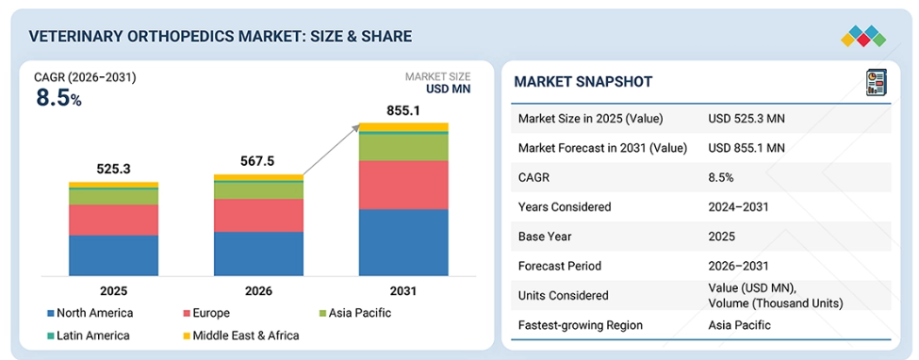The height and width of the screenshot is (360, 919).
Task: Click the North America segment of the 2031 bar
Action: (x=403, y=242)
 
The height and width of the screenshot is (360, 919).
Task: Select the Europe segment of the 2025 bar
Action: (x=113, y=220)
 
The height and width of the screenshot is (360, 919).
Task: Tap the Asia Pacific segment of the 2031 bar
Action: (x=403, y=148)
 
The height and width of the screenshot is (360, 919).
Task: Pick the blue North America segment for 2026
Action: (x=258, y=254)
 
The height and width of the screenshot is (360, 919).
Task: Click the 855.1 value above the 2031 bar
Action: (x=403, y=110)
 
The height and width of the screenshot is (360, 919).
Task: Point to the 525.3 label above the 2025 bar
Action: (x=113, y=170)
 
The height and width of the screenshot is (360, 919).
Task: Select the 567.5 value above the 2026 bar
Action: (x=258, y=161)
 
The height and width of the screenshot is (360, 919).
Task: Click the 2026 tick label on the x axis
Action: (x=258, y=291)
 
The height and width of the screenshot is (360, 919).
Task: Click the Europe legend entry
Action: (x=206, y=313)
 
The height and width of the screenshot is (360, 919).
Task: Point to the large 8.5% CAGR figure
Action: (x=58, y=98)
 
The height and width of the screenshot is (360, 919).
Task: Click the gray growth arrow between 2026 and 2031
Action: (x=331, y=150)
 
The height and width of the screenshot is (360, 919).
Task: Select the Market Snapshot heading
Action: (x=583, y=82)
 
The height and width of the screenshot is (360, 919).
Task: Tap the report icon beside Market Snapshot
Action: (x=877, y=82)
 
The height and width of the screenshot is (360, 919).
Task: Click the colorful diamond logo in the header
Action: (x=863, y=37)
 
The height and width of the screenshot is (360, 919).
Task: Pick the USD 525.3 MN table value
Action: (x=747, y=119)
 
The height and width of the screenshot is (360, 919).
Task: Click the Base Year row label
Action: (x=545, y=237)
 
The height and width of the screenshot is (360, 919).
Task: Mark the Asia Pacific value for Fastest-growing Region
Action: (x=739, y=325)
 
